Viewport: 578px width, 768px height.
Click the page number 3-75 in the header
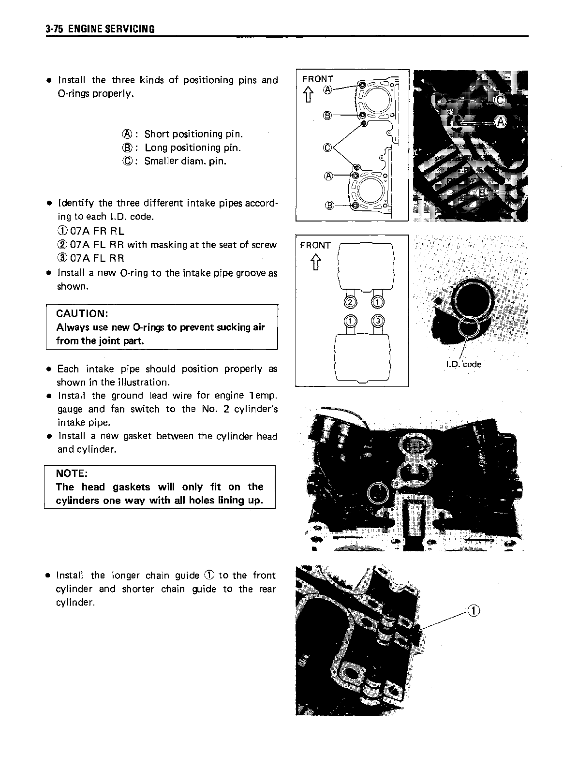click(55, 29)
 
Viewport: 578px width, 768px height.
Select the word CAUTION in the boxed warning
click(82, 313)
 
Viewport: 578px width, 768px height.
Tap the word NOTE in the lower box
click(72, 473)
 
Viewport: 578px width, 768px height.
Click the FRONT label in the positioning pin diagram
click(318, 79)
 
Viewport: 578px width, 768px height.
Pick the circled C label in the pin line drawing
click(327, 148)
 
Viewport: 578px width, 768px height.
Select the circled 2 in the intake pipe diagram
click(351, 303)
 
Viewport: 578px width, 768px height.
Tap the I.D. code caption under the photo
click(463, 364)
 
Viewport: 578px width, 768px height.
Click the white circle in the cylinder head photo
click(378, 494)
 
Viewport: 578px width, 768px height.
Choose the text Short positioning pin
click(193, 134)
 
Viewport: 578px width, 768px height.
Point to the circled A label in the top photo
click(500, 121)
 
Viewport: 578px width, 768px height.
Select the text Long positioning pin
click(193, 148)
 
